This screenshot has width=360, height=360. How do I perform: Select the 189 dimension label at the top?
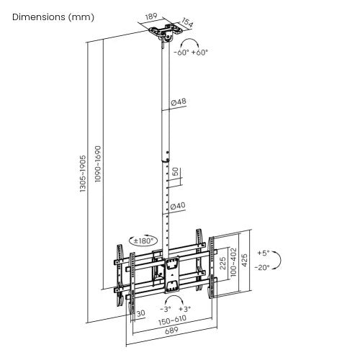tap(150, 15)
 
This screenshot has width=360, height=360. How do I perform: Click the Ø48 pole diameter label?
tap(179, 102)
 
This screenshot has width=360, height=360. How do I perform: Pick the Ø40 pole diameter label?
tap(178, 207)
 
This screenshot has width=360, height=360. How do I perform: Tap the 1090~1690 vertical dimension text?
tap(97, 173)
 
